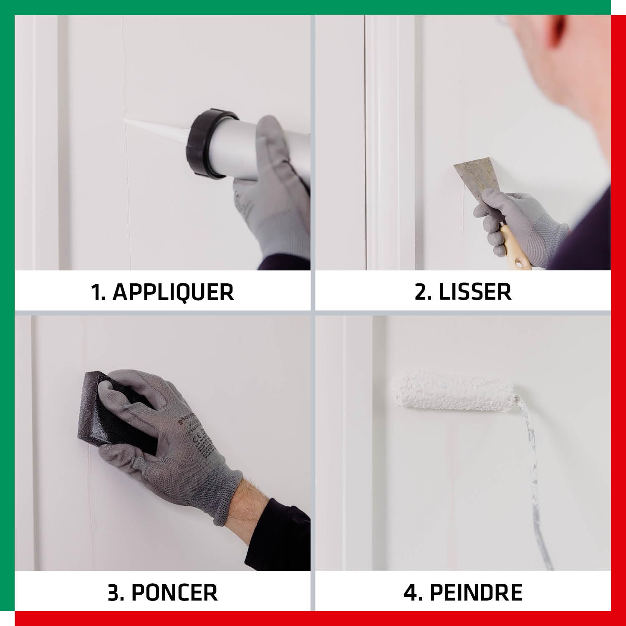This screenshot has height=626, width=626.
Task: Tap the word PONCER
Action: click(174, 592)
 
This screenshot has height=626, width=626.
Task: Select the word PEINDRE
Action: click(476, 592)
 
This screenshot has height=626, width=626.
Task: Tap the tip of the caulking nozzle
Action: click(126, 121)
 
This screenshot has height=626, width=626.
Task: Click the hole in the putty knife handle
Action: click(520, 263)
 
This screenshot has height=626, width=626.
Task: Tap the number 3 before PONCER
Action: click(114, 592)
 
